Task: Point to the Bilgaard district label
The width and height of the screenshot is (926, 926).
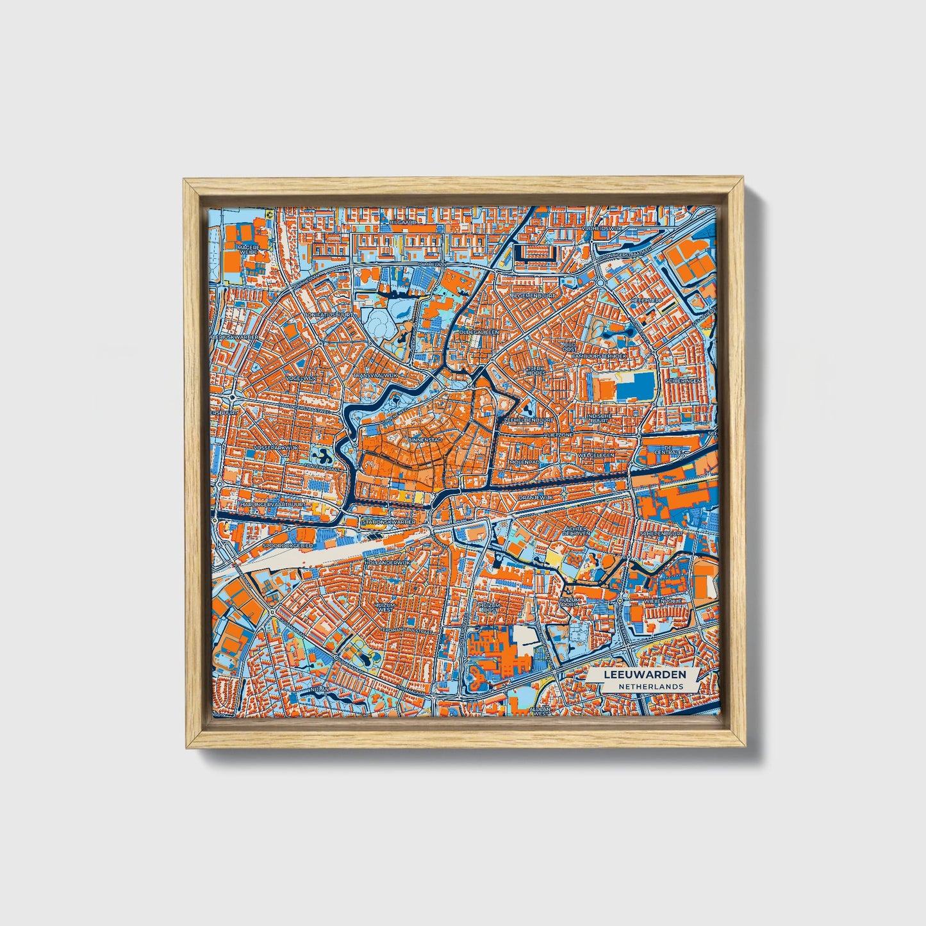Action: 406,222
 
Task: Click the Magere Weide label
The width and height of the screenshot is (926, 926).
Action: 248,249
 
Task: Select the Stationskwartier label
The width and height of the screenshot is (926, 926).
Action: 388,522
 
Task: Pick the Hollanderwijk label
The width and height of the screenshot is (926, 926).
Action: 386,562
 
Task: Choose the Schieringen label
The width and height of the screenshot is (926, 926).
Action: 683,380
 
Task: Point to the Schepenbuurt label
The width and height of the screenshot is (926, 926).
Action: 661,533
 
